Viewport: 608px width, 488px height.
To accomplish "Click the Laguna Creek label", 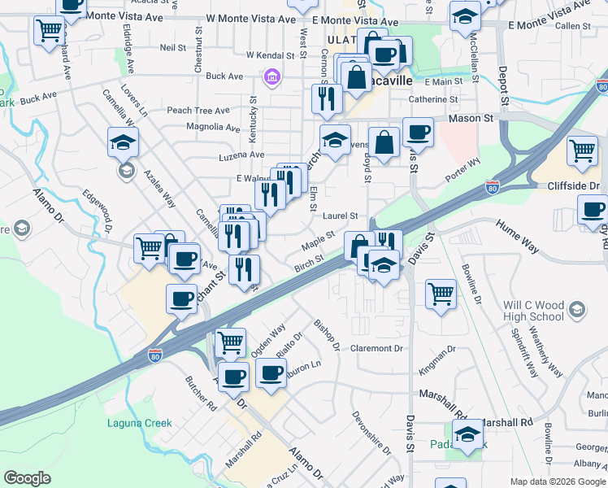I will coord(140,423).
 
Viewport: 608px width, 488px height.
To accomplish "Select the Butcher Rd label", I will coord(201,393).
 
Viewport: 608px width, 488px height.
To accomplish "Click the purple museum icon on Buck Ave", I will coord(271,77).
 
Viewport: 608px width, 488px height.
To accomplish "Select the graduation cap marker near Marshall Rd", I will coord(467,434).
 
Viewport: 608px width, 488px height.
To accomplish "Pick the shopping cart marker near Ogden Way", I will coord(231,342).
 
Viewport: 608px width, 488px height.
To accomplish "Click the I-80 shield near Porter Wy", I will coord(493,187).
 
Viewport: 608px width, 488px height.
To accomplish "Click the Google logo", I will coord(27,478).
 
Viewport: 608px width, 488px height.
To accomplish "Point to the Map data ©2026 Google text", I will coord(557,481).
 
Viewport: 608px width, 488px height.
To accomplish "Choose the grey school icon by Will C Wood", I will coord(576,309).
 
